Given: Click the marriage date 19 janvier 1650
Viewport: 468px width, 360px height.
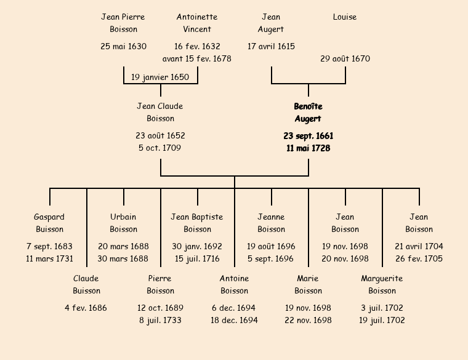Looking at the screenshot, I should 160,78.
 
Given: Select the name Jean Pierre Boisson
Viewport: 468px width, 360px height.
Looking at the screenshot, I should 123,23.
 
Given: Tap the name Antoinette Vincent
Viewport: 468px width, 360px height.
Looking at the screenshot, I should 197,23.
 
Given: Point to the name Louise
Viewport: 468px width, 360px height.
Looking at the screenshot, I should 345,17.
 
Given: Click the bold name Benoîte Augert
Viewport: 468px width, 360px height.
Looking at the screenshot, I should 308,113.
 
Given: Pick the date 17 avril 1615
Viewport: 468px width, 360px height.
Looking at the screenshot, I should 271,46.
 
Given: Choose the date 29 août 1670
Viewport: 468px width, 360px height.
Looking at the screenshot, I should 345,59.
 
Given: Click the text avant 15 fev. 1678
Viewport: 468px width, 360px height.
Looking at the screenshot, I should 197,59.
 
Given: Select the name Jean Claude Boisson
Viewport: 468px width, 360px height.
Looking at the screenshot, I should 160,113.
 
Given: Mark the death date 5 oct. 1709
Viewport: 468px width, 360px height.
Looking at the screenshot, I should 160,148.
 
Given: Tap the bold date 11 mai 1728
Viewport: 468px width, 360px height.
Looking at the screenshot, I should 308,148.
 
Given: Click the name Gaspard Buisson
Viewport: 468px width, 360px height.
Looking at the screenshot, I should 49,223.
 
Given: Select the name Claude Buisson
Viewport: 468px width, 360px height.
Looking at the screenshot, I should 86,285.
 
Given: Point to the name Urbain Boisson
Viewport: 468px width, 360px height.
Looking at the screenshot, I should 123,223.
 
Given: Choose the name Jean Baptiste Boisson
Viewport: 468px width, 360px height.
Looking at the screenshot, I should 197,223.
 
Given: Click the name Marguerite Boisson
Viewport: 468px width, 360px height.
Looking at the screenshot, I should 382,285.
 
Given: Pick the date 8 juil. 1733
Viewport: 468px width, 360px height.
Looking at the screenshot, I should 160,321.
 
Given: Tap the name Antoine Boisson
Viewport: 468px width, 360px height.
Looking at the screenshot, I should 234,285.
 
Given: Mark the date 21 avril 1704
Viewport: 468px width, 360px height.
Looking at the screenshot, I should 419,247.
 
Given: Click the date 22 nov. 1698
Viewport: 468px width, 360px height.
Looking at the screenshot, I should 308,321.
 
